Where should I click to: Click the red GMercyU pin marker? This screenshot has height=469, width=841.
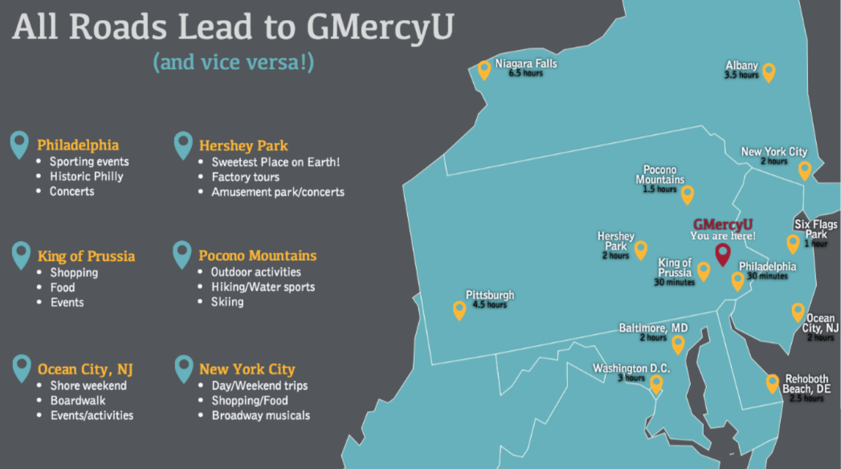point(722,254)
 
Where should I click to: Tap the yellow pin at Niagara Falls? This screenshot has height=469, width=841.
point(484,70)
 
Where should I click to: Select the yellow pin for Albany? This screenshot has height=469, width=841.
point(769,72)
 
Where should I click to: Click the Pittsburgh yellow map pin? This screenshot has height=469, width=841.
point(459,309)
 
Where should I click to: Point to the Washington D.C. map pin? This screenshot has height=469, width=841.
point(656,384)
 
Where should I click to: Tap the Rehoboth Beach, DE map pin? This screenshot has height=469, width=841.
point(773,383)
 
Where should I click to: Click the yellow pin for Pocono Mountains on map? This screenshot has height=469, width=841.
point(688,194)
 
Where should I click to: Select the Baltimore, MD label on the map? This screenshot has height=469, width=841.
point(653,328)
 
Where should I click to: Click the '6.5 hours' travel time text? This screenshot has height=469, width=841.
point(525,73)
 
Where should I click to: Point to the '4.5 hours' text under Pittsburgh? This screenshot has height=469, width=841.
point(489,305)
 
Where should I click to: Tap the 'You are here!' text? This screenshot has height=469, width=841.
point(723,235)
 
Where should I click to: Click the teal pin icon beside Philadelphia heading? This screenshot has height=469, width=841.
point(20,145)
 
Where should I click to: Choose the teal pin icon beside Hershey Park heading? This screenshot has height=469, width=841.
point(183,145)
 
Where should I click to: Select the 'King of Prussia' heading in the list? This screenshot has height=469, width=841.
point(86,257)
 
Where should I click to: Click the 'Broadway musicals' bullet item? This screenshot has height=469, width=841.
point(260,415)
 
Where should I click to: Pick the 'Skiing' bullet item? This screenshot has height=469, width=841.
point(227,302)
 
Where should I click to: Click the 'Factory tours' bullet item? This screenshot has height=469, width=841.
point(245,177)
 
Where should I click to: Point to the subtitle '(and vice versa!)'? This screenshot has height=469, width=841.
point(233,63)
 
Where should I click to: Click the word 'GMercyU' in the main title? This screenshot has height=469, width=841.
point(380,28)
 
